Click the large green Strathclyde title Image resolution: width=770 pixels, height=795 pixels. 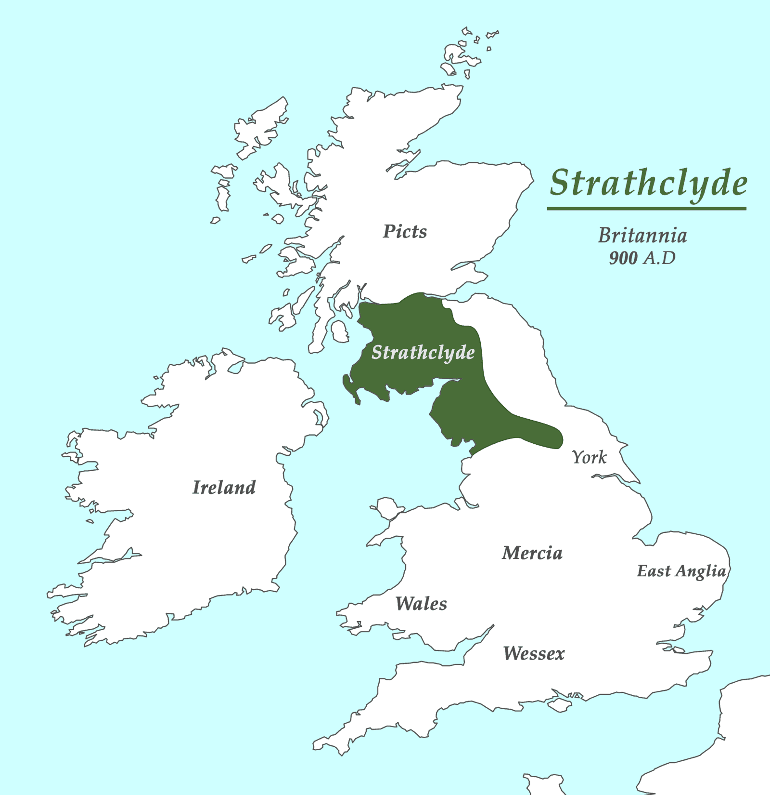pyautogui.click(x=648, y=184)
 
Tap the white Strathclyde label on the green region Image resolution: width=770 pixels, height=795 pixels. pyautogui.click(x=423, y=353)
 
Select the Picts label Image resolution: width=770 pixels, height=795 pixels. pyautogui.click(x=405, y=232)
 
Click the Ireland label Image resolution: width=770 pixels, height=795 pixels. pyautogui.click(x=224, y=488)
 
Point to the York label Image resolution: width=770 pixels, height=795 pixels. pyautogui.click(x=590, y=457)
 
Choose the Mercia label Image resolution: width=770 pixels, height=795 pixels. pyautogui.click(x=532, y=553)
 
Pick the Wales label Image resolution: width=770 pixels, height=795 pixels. pyautogui.click(x=421, y=604)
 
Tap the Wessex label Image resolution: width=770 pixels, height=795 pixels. pyautogui.click(x=534, y=654)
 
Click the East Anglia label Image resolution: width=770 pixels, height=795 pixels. pyautogui.click(x=681, y=571)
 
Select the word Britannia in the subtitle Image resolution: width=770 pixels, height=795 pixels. pyautogui.click(x=642, y=236)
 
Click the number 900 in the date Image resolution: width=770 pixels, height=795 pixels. pyautogui.click(x=623, y=258)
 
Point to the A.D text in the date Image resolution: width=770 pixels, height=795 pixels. pyautogui.click(x=660, y=258)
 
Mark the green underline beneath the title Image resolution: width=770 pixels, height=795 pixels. pyautogui.click(x=646, y=209)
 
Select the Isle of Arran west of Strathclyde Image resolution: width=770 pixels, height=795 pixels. pyautogui.click(x=340, y=331)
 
